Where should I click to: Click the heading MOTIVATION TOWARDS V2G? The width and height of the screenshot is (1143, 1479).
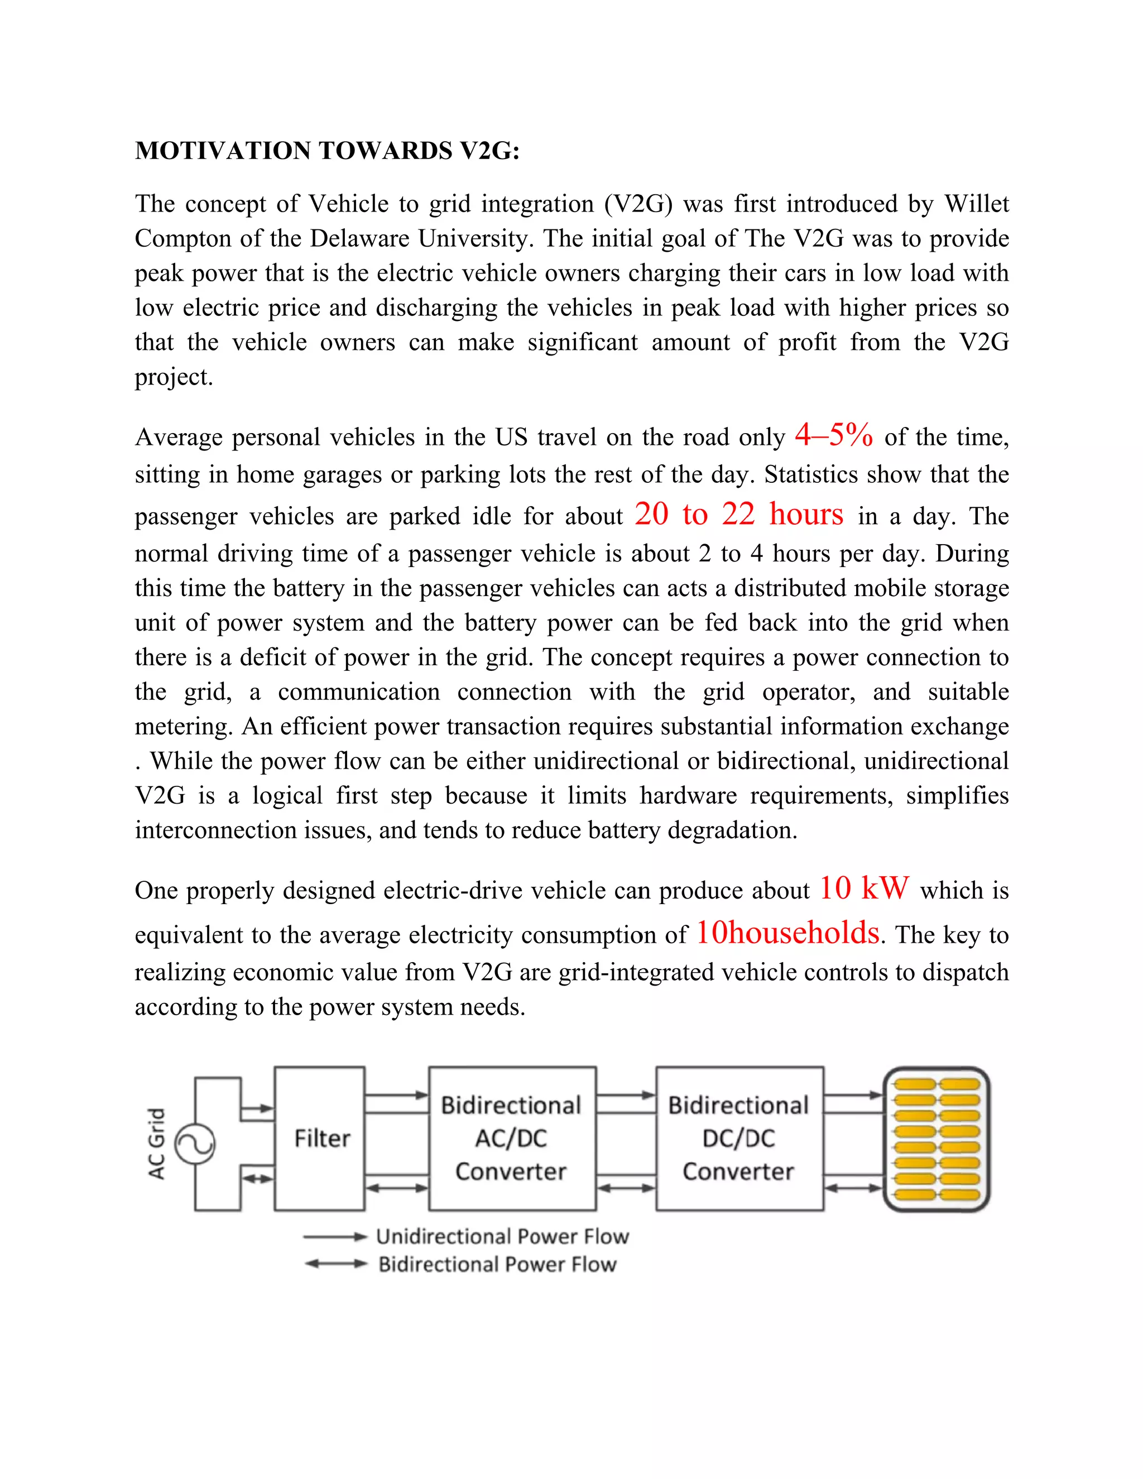coord(327,150)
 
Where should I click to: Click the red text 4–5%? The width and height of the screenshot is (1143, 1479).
coord(834,434)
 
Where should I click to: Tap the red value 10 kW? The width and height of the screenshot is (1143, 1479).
coord(864,887)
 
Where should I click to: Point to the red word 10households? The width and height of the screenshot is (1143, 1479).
coord(788,933)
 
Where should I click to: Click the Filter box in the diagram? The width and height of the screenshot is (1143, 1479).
coord(320,1139)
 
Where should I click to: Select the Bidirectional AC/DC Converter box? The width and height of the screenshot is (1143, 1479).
coord(512,1139)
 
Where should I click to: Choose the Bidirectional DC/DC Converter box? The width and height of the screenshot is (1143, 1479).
coord(739,1139)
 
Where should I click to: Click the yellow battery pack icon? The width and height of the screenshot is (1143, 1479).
coord(937,1139)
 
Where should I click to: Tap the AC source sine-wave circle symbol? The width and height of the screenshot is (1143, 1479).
coord(195,1144)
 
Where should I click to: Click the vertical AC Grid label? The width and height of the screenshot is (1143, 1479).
coord(156,1144)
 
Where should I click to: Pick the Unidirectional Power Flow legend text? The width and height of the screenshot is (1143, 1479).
coord(502,1237)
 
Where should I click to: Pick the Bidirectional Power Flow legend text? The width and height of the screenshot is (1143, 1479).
coord(498,1264)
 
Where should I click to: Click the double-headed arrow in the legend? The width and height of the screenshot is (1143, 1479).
coord(335,1264)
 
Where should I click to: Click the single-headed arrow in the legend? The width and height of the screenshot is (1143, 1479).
coord(335,1237)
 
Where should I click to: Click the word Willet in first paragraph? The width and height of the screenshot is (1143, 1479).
coord(977,204)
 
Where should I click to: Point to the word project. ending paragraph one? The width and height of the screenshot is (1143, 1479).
coord(174,377)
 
